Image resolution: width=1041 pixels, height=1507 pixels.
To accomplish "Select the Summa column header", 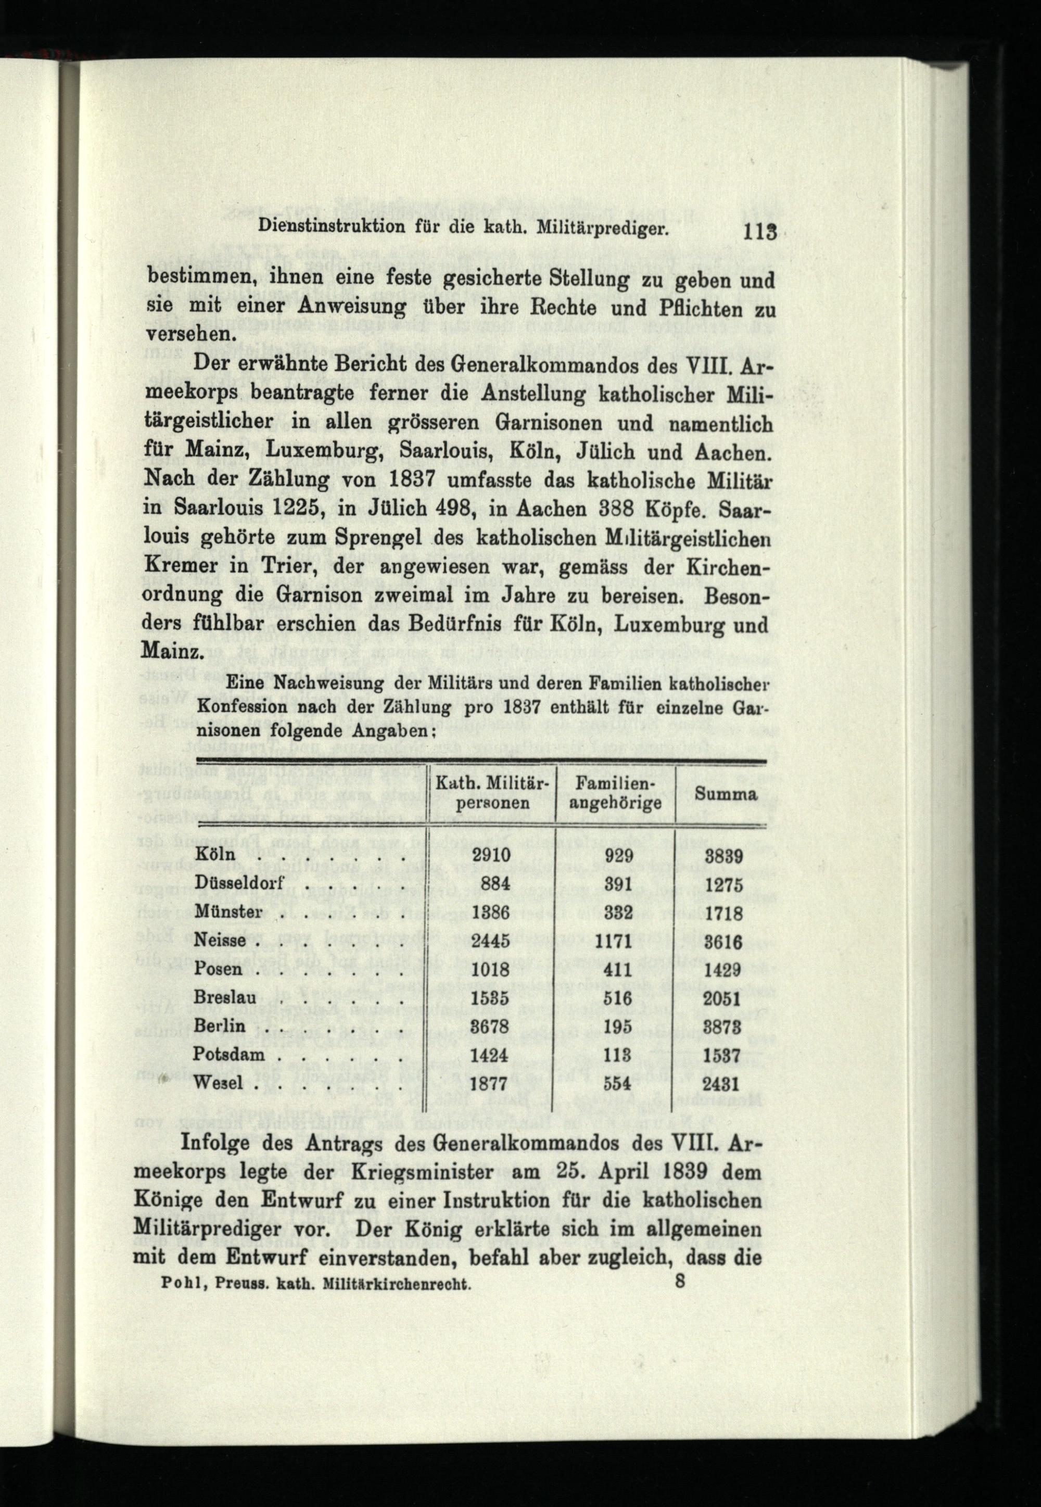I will tap(725, 794).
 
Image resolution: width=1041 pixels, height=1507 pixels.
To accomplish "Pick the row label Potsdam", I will tap(230, 1055).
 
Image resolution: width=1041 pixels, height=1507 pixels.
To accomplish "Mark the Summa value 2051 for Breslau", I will tap(725, 999).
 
